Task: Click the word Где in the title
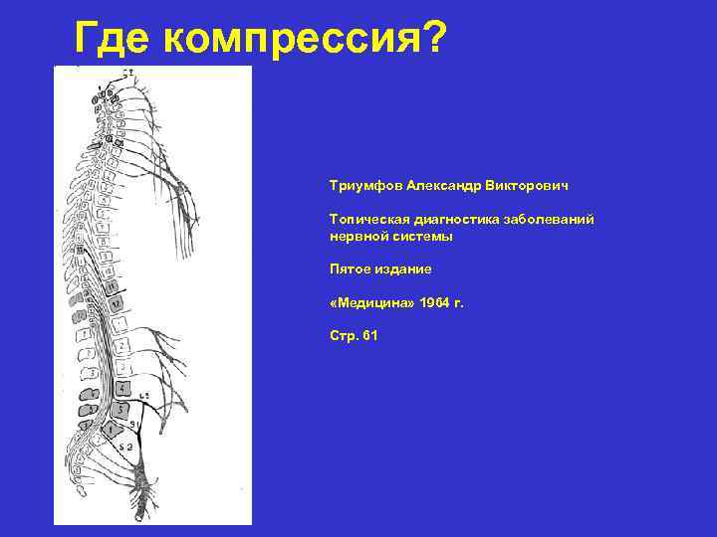(x=113, y=40)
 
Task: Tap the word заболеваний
(x=554, y=219)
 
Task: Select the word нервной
(x=356, y=237)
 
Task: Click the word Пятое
(x=350, y=269)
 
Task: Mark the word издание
(x=403, y=269)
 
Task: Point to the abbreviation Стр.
(x=344, y=336)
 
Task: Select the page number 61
(x=370, y=336)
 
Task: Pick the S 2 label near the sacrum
(x=127, y=447)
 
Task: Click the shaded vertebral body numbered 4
(x=122, y=389)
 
